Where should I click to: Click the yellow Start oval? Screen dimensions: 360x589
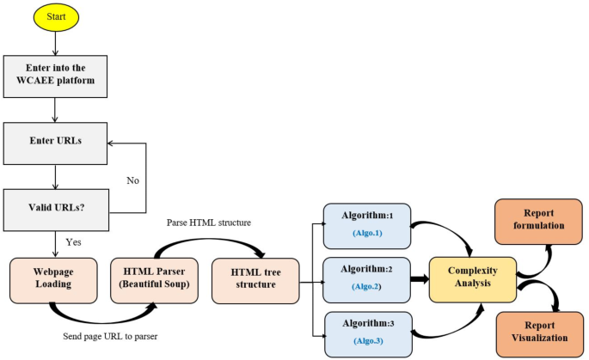point(57,16)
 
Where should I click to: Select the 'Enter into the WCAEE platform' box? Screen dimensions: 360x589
point(56,76)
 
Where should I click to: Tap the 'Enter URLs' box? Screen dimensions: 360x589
point(56,140)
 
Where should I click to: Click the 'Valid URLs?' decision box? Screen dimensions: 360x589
point(56,207)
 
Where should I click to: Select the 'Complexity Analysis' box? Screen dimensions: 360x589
point(473,278)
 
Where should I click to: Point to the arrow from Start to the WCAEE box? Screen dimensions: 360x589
point(57,43)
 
